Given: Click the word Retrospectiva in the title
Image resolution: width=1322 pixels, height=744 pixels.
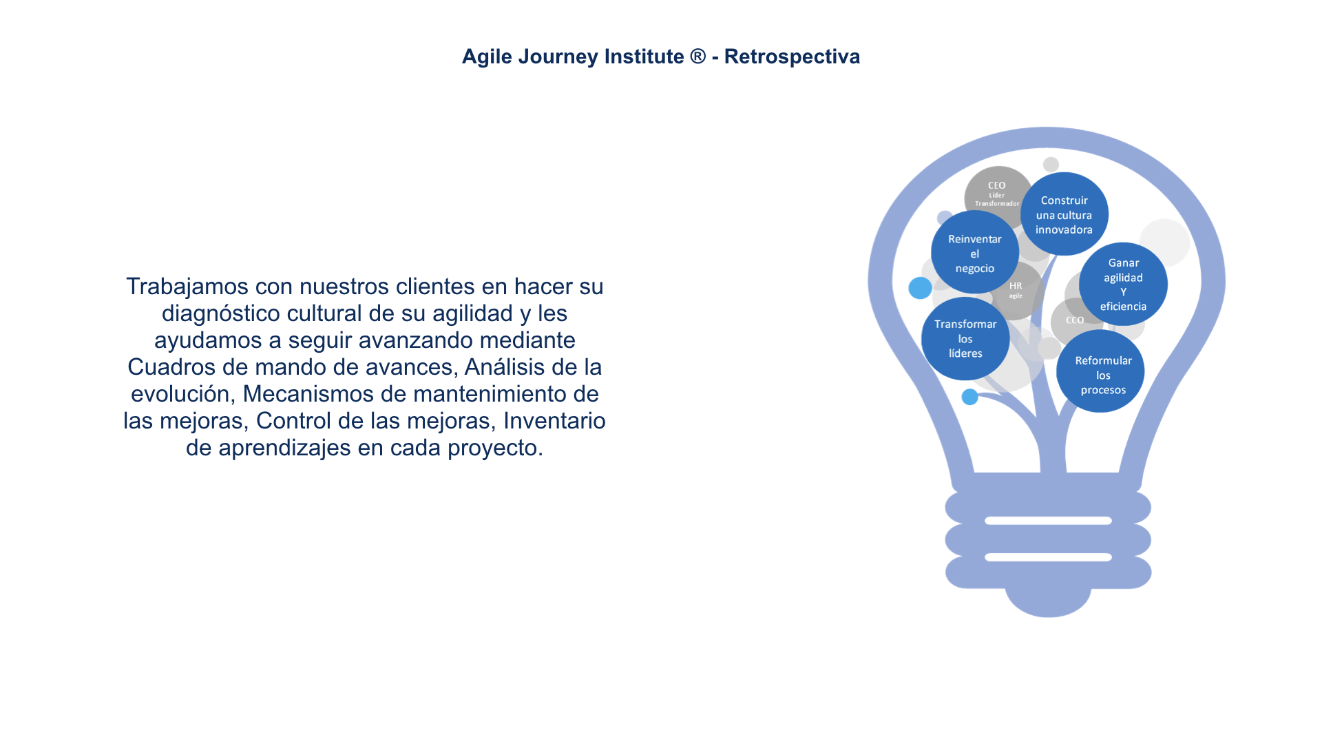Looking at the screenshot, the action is click(x=792, y=56).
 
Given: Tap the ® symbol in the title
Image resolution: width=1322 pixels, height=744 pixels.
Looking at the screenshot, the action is click(x=697, y=56).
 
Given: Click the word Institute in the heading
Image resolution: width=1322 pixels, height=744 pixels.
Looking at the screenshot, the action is click(x=644, y=56).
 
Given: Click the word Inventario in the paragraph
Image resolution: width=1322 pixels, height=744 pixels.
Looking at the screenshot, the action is click(x=554, y=421).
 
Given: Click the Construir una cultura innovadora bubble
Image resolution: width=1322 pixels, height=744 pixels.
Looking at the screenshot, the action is click(x=1064, y=214).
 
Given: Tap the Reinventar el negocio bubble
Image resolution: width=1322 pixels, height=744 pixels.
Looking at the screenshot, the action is click(x=975, y=253).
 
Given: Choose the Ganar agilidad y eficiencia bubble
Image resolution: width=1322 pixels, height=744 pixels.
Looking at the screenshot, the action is click(x=1123, y=284).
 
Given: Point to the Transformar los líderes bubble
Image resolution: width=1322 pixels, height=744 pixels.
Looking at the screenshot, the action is click(x=965, y=338).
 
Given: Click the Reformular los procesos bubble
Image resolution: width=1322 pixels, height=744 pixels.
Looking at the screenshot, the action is click(x=1100, y=371).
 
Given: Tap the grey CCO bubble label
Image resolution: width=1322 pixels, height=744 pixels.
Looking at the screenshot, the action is click(x=1075, y=320).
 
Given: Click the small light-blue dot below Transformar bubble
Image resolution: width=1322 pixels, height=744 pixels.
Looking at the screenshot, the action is click(x=969, y=397).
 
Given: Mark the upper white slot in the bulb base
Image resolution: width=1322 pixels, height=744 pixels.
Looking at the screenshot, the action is click(x=1048, y=521).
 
